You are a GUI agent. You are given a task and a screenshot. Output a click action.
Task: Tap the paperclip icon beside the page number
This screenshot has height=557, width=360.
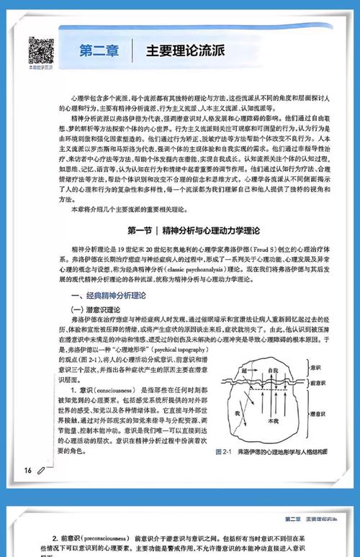[41, 470]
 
